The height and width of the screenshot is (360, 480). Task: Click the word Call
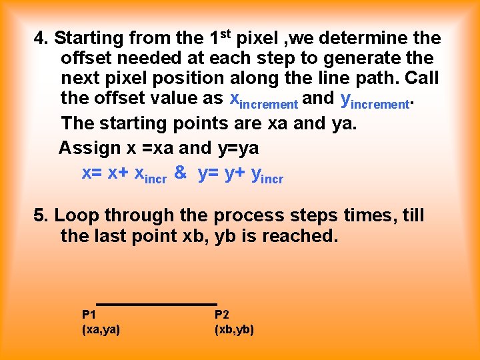coord(421,78)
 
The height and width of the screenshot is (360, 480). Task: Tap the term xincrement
coord(263,100)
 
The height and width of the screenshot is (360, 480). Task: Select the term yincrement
coord(375,100)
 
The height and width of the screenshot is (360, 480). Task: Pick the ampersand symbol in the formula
coord(180,173)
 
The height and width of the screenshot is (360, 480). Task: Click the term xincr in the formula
coord(151,175)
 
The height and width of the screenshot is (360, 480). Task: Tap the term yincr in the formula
coord(267,175)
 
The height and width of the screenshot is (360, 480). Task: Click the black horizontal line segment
coord(156,304)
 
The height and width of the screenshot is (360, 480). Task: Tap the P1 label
coord(89,314)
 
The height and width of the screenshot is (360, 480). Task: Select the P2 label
coord(222,314)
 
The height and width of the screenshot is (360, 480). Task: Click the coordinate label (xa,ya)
coord(101,329)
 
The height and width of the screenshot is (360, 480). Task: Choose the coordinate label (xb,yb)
coord(234,329)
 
